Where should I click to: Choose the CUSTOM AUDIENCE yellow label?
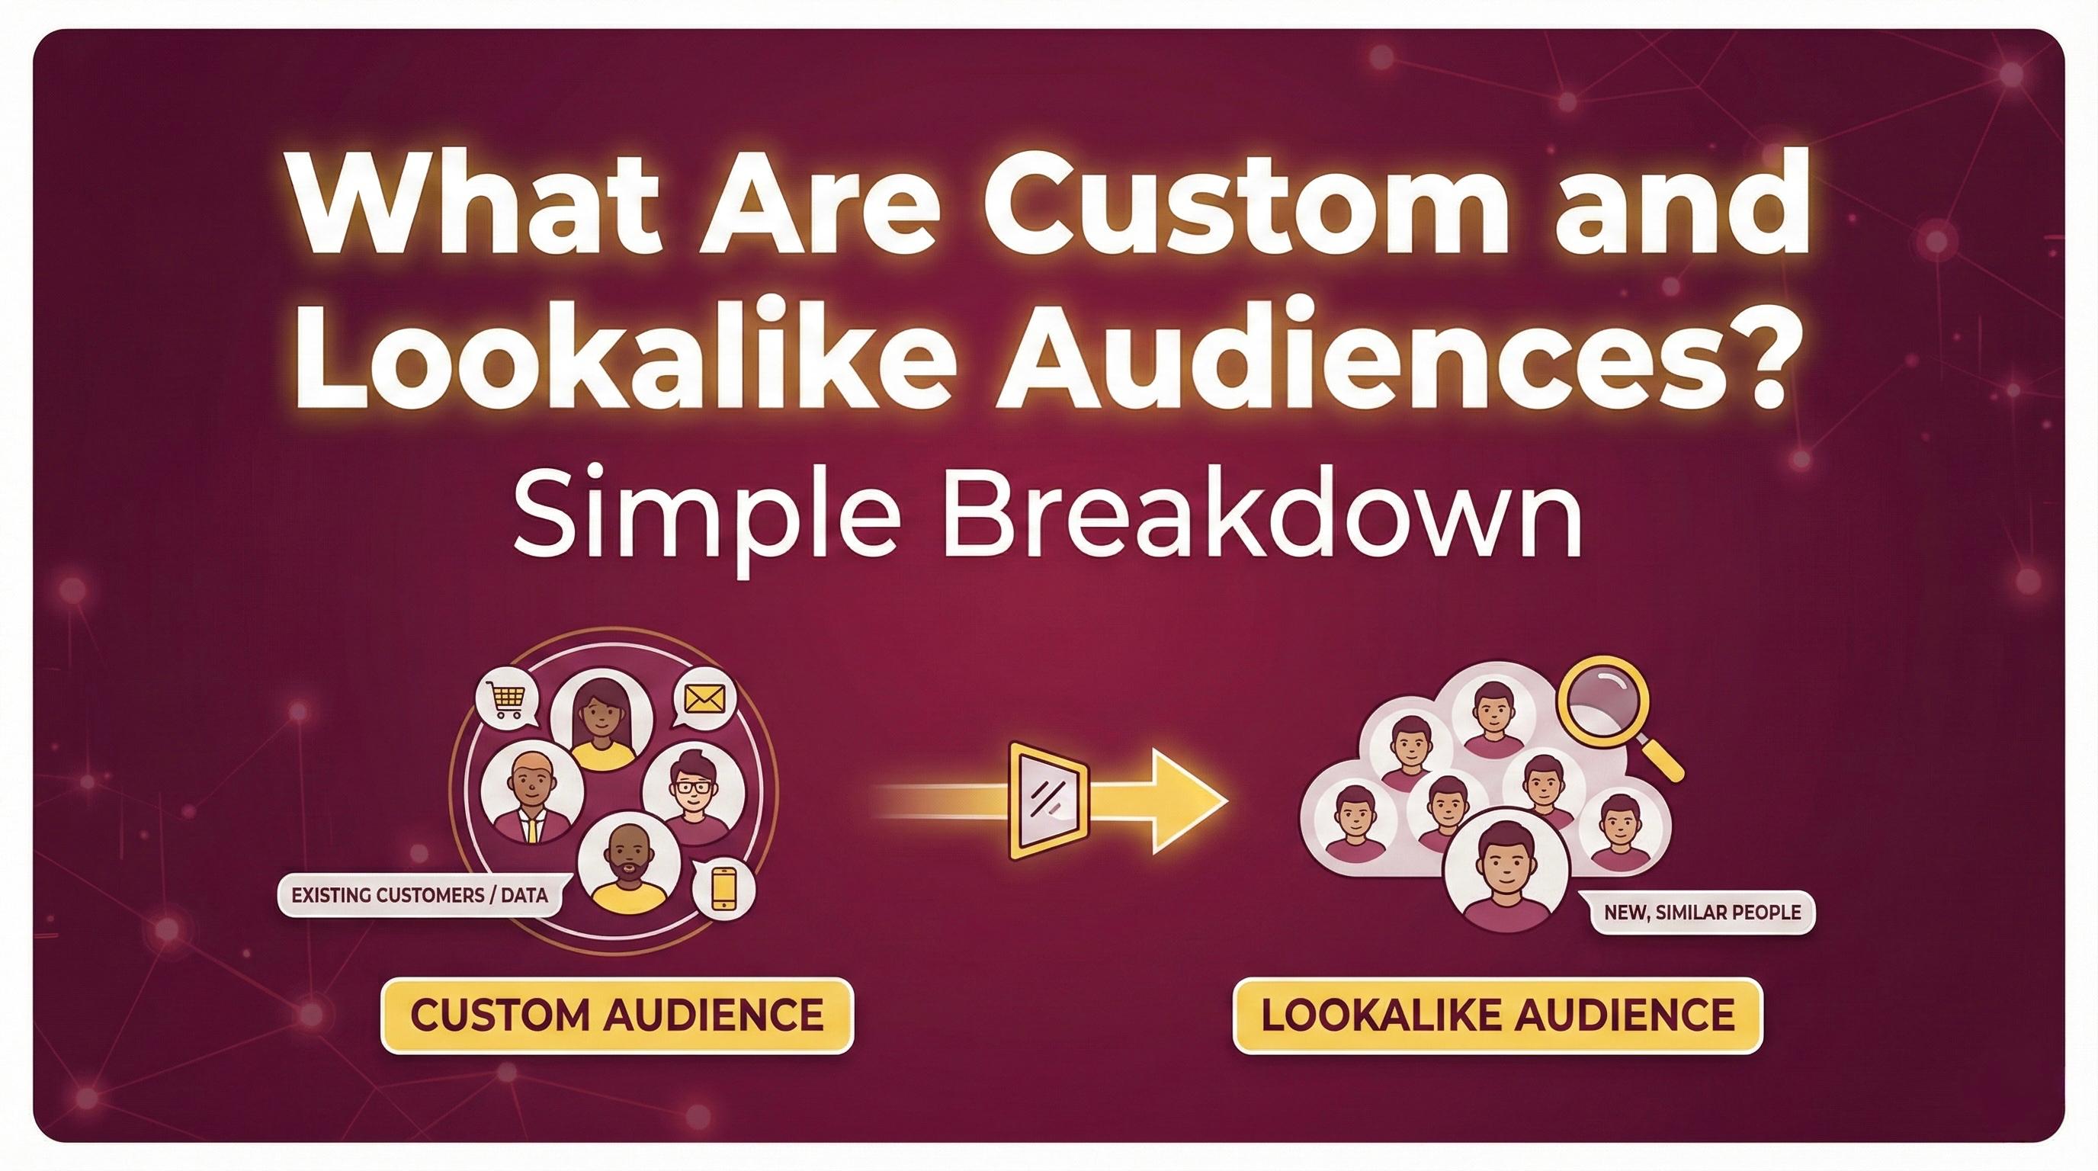[617, 1015]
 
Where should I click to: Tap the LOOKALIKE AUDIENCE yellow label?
[1497, 1015]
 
